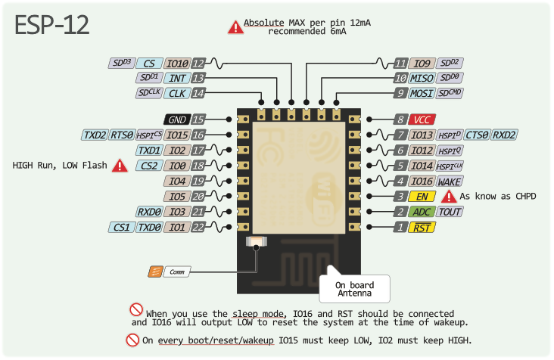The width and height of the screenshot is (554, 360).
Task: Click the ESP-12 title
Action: pos(52,25)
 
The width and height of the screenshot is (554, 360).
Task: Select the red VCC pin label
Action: pos(421,119)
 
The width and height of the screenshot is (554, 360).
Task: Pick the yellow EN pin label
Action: pos(421,197)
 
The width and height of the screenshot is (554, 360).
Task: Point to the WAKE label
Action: pos(450,182)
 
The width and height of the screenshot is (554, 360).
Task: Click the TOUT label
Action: pos(450,212)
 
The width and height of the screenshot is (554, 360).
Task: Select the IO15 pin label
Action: pos(176,135)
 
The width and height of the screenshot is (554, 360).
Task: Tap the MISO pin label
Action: pos(422,78)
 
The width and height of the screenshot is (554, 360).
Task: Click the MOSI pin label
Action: pos(422,93)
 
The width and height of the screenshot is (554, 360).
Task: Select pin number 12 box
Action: pos(198,64)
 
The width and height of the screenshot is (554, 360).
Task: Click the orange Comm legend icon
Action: pos(154,271)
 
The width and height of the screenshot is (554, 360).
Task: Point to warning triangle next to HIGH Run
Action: pos(120,166)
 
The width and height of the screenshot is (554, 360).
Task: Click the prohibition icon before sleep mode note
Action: pos(136,309)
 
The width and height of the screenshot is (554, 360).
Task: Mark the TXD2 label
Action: pos(95,135)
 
